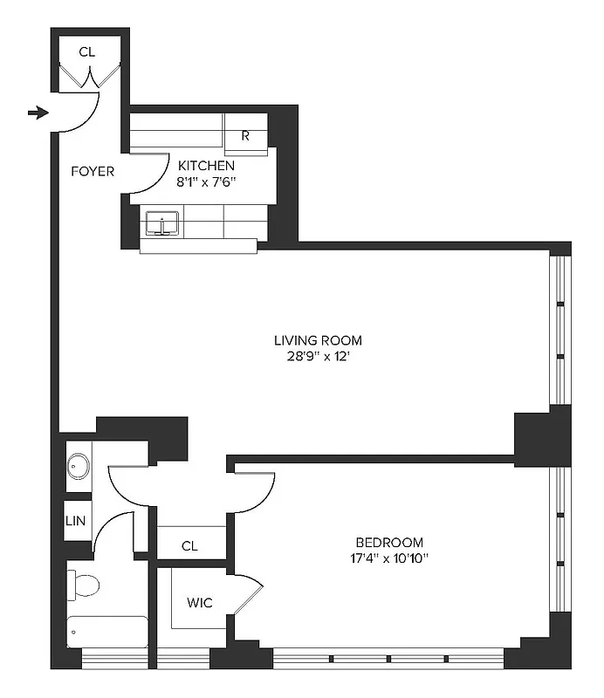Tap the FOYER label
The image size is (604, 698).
[x=93, y=171]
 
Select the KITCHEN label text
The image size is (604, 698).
[x=206, y=165]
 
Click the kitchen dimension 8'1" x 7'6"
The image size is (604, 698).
[x=206, y=182]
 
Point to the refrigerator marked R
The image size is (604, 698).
[x=245, y=135]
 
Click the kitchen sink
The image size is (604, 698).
[x=161, y=222]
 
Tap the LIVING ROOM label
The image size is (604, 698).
[x=318, y=340]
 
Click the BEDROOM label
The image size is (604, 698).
[x=390, y=541]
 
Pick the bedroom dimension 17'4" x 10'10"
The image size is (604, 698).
[x=390, y=558]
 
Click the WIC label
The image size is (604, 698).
[x=199, y=603]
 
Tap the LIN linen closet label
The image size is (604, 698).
[x=76, y=521]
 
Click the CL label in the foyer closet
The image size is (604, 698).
[x=86, y=52]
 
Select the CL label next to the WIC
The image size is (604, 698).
[x=190, y=546]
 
